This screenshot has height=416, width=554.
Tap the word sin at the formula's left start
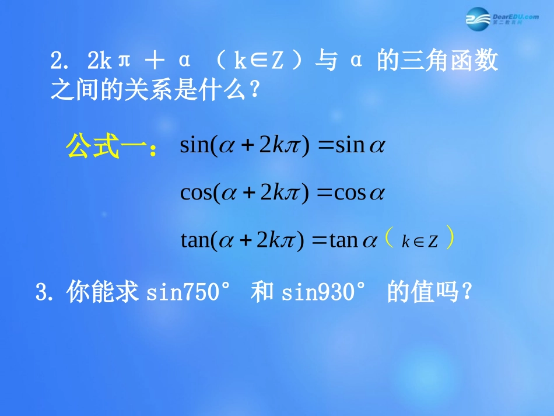(x=194, y=145)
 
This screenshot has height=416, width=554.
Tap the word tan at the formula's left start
(x=194, y=240)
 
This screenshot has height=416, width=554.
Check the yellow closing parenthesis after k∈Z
(x=449, y=240)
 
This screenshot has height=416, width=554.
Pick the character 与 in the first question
(x=327, y=61)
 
